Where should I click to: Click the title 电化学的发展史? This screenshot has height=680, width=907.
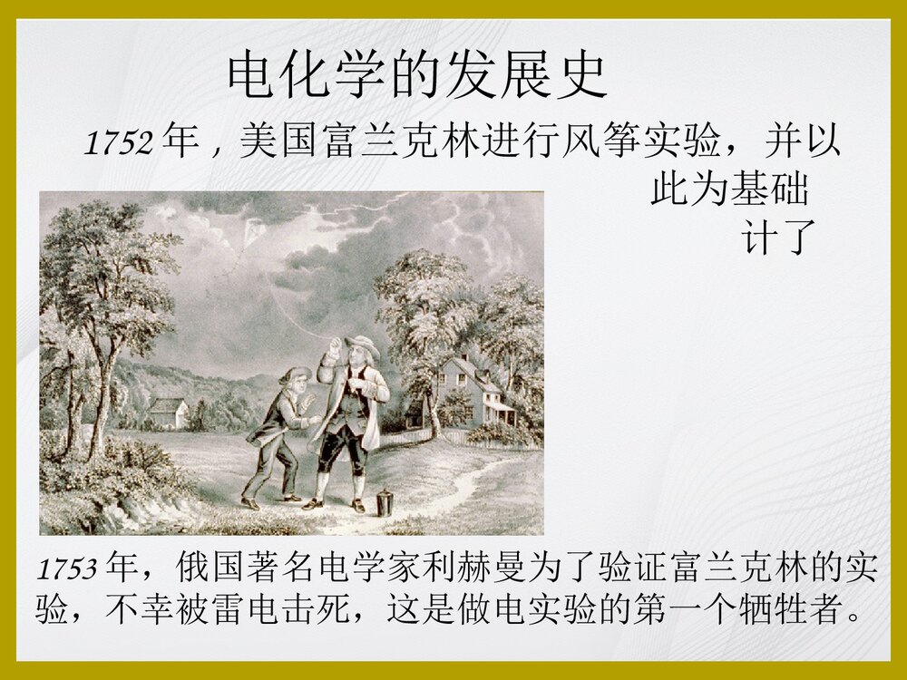[x=416, y=75]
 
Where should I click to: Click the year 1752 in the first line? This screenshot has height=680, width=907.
[x=118, y=143]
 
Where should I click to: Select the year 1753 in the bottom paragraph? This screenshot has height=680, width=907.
[x=67, y=569]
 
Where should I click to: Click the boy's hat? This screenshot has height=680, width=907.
[x=294, y=373]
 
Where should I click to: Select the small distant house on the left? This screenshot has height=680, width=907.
[x=168, y=412]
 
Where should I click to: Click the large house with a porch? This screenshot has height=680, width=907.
[x=476, y=390]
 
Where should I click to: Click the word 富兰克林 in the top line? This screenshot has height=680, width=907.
[x=381, y=143]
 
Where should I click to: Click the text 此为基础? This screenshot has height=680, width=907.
[x=729, y=190]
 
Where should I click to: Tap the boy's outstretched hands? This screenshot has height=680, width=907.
[x=314, y=419]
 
